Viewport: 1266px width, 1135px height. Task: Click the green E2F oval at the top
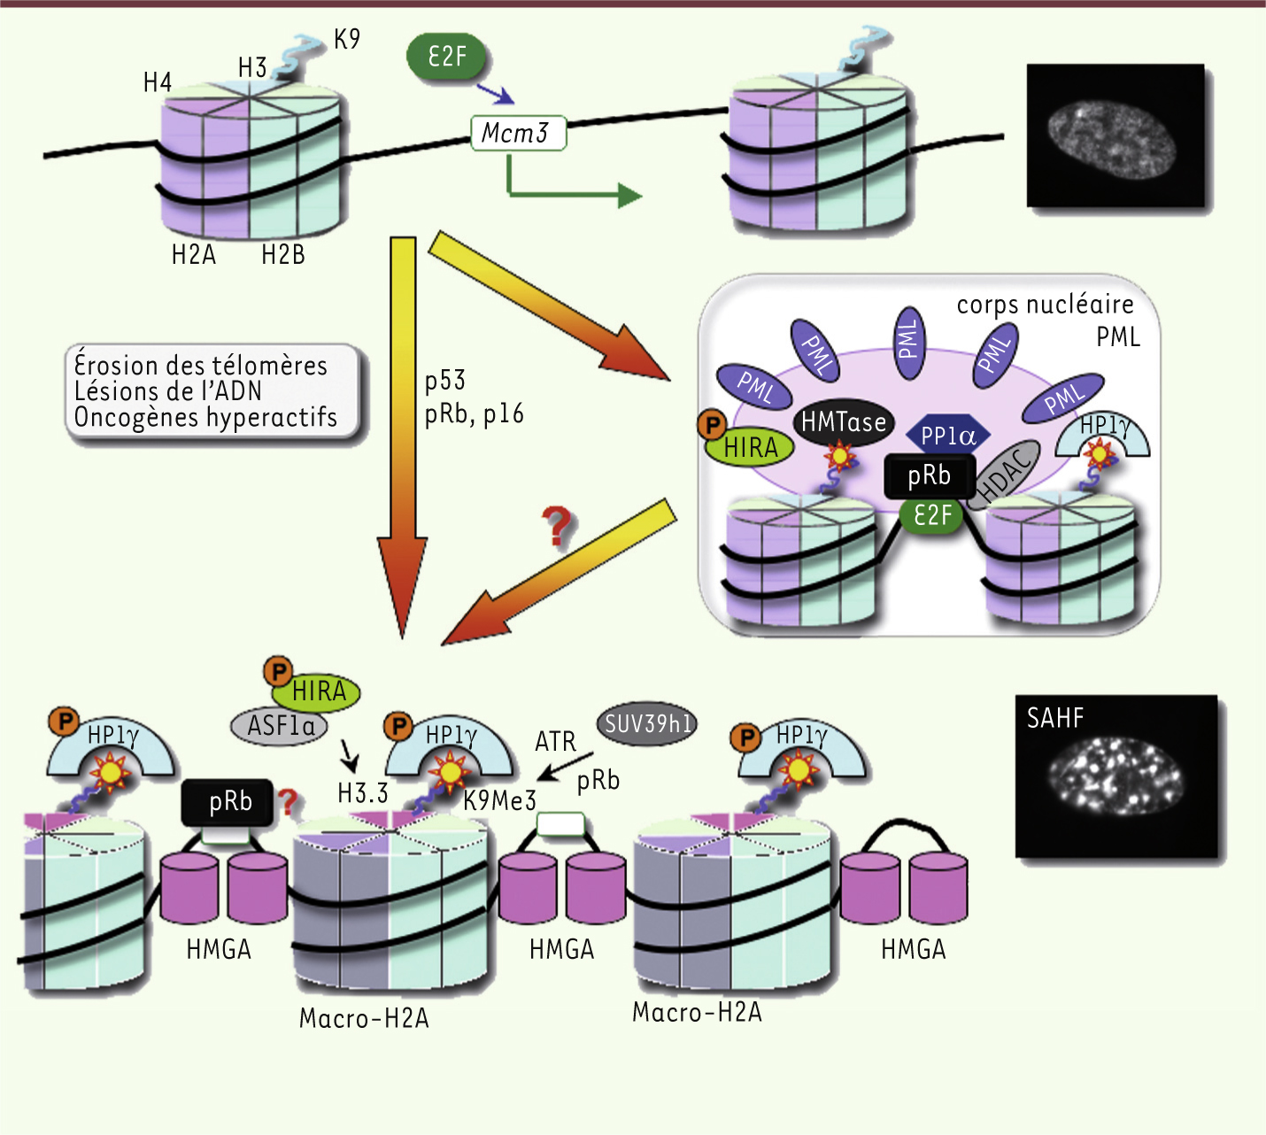coord(447,58)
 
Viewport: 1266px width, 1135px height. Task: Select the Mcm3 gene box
coord(518,134)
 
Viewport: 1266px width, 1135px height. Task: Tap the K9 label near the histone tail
coord(346,40)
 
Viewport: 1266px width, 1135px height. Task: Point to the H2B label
coord(283,255)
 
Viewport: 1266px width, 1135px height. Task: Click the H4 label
coord(158,83)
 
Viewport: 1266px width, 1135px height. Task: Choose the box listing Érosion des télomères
coord(212,391)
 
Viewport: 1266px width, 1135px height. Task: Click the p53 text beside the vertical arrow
coord(444,381)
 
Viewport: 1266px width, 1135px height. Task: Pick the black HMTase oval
coord(844,422)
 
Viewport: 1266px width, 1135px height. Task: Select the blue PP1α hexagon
coord(948,436)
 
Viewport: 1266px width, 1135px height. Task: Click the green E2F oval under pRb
coord(932,515)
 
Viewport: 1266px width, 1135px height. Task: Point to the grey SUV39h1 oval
coord(648,724)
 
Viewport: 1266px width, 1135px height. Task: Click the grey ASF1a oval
coord(280,726)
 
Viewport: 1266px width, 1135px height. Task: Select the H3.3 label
coord(363,793)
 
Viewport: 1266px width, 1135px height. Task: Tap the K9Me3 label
coord(500,800)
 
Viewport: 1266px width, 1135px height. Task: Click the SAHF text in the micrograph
coord(1055,718)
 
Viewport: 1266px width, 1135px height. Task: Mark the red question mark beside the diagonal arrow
coord(558,527)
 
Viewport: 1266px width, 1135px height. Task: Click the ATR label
coord(555,742)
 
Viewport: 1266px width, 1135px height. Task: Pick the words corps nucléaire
coord(1045,305)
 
